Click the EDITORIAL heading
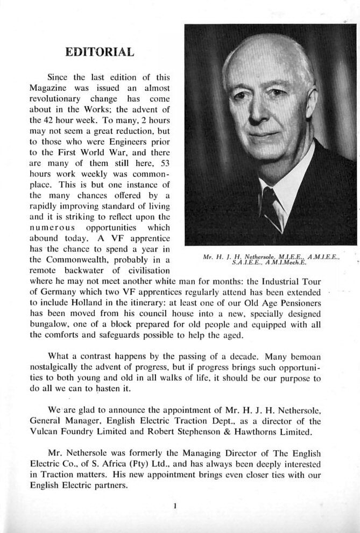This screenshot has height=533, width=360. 99,52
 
